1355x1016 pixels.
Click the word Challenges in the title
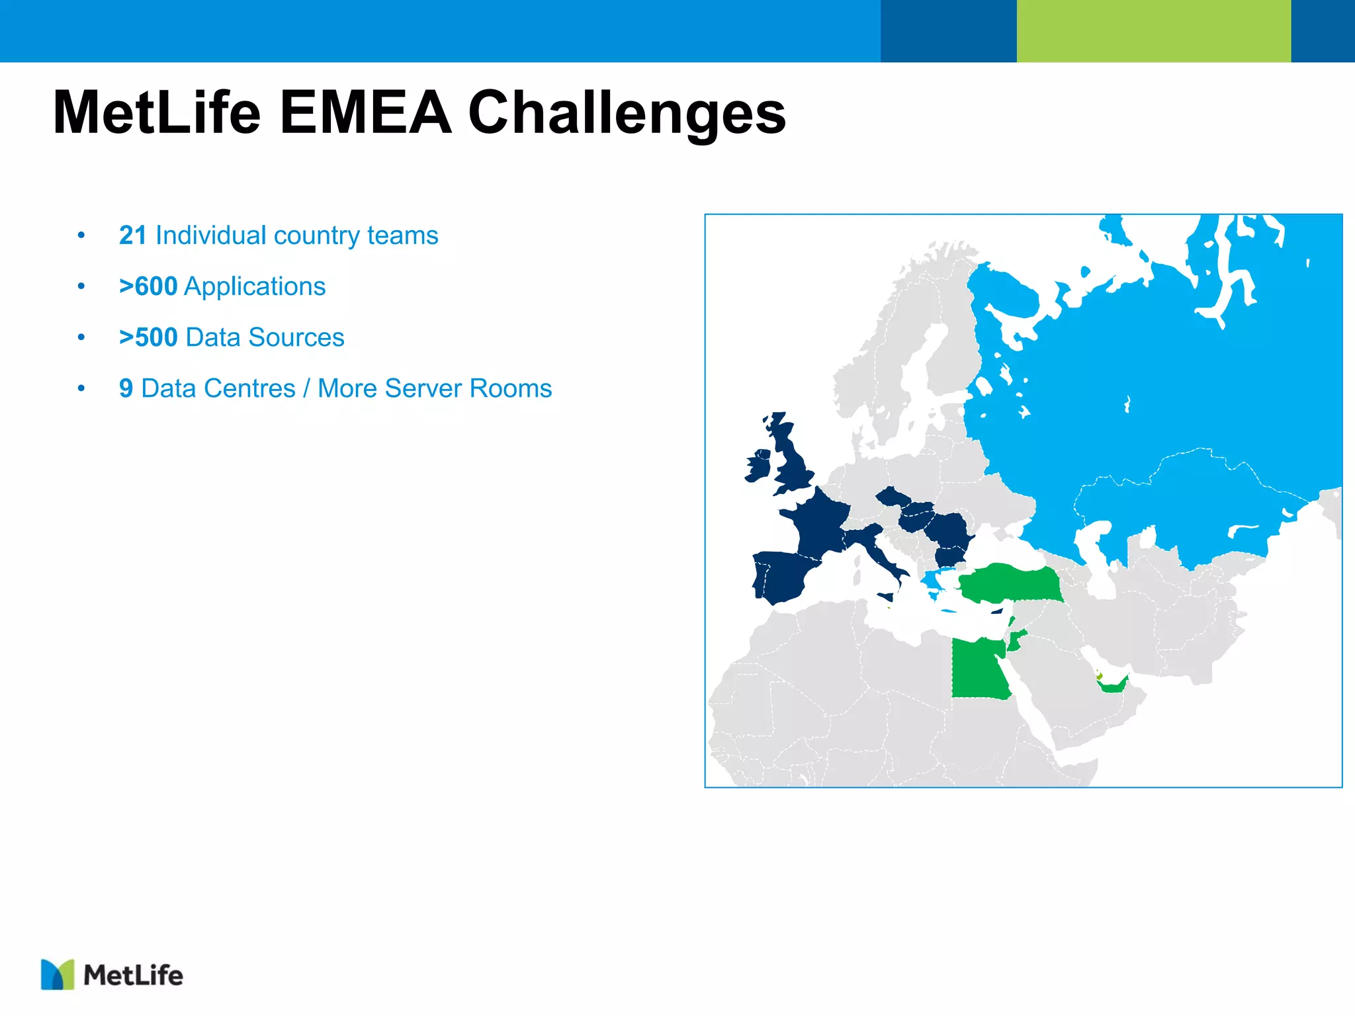627,113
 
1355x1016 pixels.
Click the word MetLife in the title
157,113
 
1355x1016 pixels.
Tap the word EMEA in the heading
365,113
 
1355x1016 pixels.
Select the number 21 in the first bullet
132,235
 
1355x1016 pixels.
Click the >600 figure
148,286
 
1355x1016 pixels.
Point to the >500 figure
148,337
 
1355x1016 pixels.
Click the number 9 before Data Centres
126,388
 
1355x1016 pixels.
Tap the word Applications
255,286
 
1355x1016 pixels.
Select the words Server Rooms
468,388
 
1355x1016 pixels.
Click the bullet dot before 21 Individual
81,235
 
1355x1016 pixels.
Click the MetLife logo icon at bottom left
58,974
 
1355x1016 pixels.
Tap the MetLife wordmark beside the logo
133,976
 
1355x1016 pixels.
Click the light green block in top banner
1153,31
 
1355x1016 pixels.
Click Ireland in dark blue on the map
758,466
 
